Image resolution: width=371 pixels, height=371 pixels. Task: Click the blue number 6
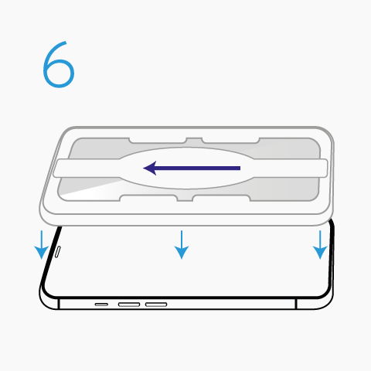[59, 65]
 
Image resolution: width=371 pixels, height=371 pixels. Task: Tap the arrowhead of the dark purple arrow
[150, 168]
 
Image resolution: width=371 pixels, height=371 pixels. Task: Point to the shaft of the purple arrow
[197, 168]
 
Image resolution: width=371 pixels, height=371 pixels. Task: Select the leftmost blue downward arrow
[42, 244]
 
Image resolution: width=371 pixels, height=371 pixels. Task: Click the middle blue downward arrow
[182, 244]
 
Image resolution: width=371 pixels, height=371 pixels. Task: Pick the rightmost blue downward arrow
[320, 244]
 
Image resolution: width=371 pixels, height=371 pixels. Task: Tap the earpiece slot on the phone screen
[58, 252]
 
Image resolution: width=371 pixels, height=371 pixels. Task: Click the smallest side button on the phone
[101, 305]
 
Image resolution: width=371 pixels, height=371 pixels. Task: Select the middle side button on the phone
[129, 305]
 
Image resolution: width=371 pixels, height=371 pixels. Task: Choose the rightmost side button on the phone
[156, 305]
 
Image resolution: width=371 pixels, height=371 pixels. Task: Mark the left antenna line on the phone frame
[59, 304]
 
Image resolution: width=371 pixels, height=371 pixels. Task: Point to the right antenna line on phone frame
[296, 304]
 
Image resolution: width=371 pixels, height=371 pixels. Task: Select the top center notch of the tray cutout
[194, 141]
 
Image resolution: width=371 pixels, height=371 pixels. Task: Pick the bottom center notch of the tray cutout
[185, 198]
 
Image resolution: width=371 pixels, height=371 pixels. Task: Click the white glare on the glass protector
[90, 191]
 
